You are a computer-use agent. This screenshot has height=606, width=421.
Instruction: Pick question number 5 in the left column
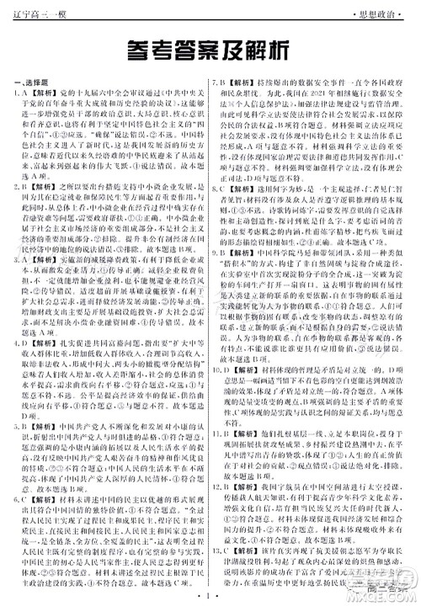15,428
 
